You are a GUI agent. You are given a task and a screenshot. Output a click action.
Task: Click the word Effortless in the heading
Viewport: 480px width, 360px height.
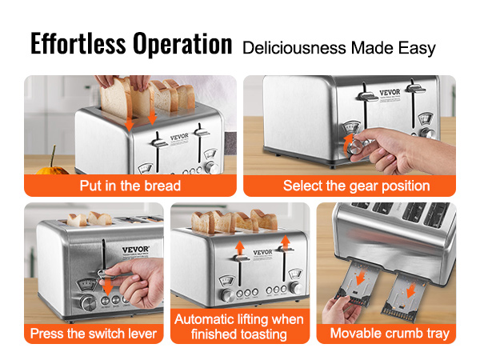[x=78, y=43]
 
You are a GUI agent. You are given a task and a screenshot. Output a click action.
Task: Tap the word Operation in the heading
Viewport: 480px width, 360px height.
[x=182, y=45]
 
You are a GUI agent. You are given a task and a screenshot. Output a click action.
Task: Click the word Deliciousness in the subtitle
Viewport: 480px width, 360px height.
[x=294, y=48]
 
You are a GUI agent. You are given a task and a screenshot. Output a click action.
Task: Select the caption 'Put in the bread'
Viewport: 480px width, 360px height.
[x=130, y=186]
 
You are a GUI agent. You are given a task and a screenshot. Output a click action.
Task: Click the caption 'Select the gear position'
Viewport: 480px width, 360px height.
[x=357, y=186]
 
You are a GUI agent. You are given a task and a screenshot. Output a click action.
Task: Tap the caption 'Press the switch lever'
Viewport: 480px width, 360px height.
[x=94, y=334]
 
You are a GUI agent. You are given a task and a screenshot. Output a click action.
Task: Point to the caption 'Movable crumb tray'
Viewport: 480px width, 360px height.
[x=390, y=334]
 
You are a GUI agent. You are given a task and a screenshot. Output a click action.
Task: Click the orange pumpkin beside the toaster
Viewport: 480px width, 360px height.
[x=53, y=170]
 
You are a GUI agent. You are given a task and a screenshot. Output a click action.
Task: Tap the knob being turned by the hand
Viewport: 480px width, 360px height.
[x=356, y=147]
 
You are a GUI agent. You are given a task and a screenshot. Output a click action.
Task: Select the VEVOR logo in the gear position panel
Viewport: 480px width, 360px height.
[x=390, y=92]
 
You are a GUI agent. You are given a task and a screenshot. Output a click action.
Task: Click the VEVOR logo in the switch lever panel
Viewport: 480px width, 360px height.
[x=136, y=250]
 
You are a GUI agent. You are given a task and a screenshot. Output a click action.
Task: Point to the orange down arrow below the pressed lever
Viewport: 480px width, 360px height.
[x=107, y=286]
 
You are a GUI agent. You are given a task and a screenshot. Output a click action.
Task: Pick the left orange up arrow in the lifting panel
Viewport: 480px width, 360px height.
[x=240, y=248]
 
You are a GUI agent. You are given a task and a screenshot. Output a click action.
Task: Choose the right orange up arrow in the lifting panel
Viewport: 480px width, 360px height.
[x=286, y=242]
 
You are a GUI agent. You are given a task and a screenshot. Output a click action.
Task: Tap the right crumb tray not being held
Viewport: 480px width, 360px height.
[x=403, y=296]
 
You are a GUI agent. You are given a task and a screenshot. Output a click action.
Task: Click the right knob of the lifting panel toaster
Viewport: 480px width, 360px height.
[x=296, y=288]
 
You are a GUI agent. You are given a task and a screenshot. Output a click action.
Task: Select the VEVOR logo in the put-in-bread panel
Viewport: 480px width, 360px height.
[x=179, y=137]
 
